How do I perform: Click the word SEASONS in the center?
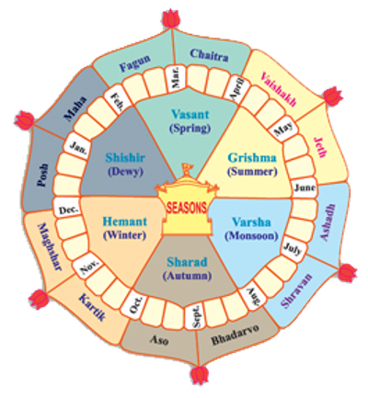pyautogui.click(x=187, y=209)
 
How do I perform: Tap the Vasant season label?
pyautogui.click(x=190, y=115)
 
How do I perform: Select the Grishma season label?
pyautogui.click(x=252, y=158)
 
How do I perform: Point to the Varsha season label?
pyautogui.click(x=251, y=222)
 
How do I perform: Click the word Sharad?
pyautogui.click(x=187, y=262)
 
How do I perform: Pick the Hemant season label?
pyautogui.click(x=124, y=222)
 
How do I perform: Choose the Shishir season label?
pyautogui.click(x=125, y=158)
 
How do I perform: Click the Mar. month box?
pyautogui.click(x=176, y=78)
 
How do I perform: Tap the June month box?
pyautogui.click(x=305, y=188)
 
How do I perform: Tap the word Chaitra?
pyautogui.click(x=209, y=55)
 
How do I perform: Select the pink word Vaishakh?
pyautogui.click(x=279, y=89)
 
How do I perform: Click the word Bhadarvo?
pyautogui.click(x=236, y=335)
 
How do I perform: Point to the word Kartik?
pyautogui.click(x=93, y=307)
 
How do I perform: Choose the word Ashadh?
pyautogui.click(x=328, y=222)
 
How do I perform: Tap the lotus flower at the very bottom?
pyautogui.click(x=200, y=376)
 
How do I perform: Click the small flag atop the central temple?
pyautogui.click(x=186, y=167)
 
